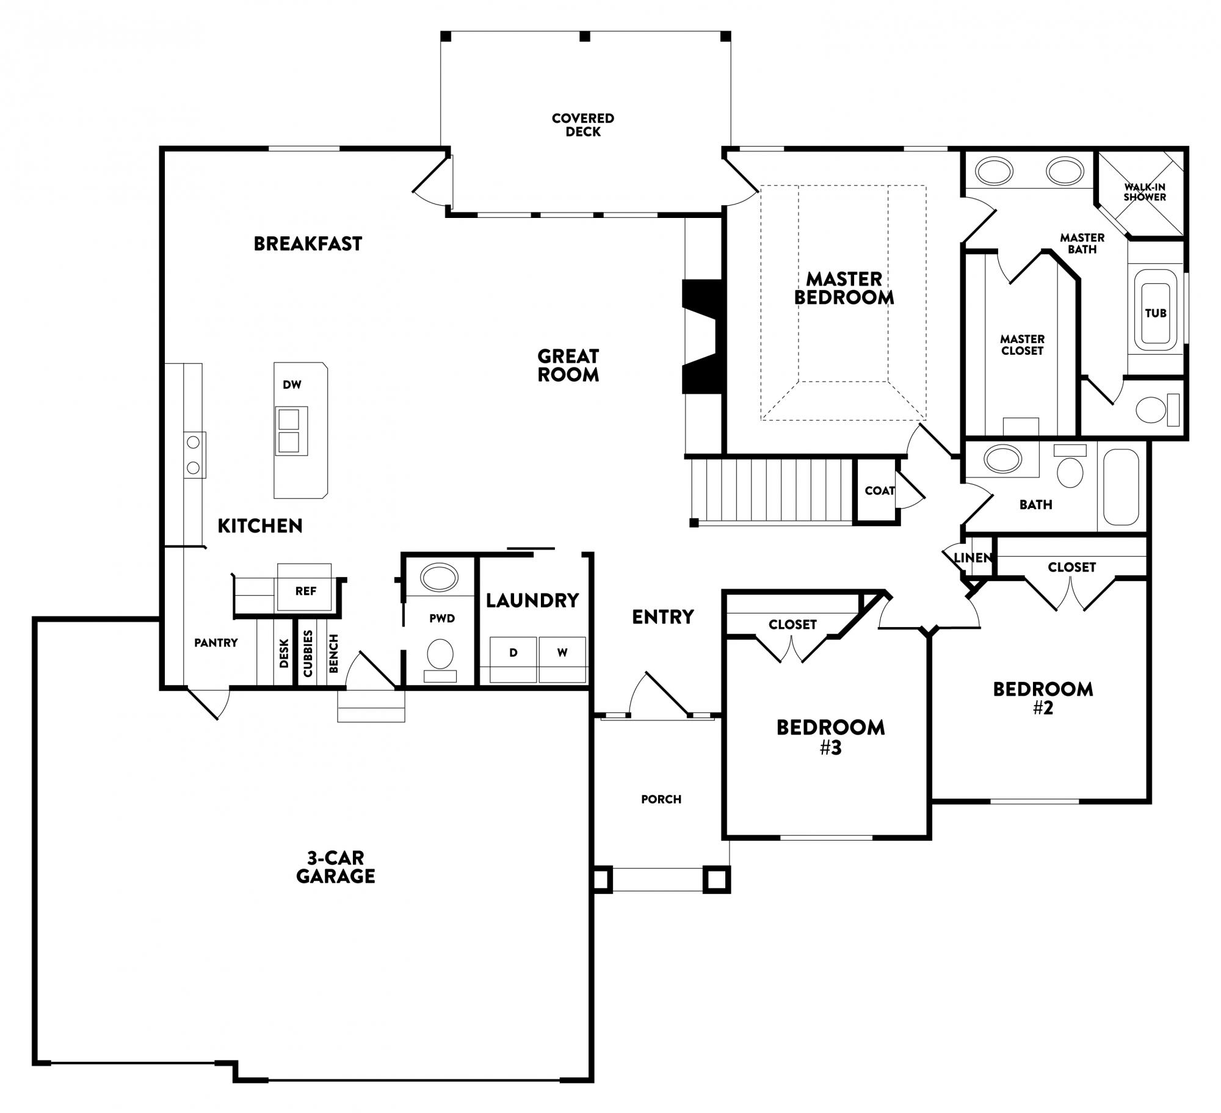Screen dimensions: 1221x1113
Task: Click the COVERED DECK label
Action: [583, 125]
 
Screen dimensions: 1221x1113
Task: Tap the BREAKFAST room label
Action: [308, 244]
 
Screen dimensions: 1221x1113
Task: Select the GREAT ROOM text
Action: [568, 365]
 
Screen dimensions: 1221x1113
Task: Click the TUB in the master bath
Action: [1156, 313]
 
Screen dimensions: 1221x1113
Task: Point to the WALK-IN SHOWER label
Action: [1145, 192]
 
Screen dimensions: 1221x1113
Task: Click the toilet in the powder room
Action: [440, 660]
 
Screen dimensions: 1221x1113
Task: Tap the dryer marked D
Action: [513, 659]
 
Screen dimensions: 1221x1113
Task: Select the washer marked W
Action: [562, 659]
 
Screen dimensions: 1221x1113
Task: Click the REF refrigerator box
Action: [305, 587]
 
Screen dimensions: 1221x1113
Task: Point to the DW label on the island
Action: [292, 385]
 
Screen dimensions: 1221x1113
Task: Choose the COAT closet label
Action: [880, 490]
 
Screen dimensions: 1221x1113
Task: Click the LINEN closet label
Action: [973, 557]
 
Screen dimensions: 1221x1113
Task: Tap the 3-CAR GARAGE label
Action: [335, 867]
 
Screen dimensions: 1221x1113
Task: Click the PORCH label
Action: [661, 799]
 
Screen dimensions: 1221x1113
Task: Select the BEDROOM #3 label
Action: [830, 737]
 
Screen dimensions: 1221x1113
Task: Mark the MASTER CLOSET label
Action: [1022, 345]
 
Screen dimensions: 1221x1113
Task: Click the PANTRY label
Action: [216, 642]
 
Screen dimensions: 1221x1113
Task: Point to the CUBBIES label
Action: [308, 653]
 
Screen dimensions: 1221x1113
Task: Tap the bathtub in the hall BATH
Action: [1121, 487]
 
